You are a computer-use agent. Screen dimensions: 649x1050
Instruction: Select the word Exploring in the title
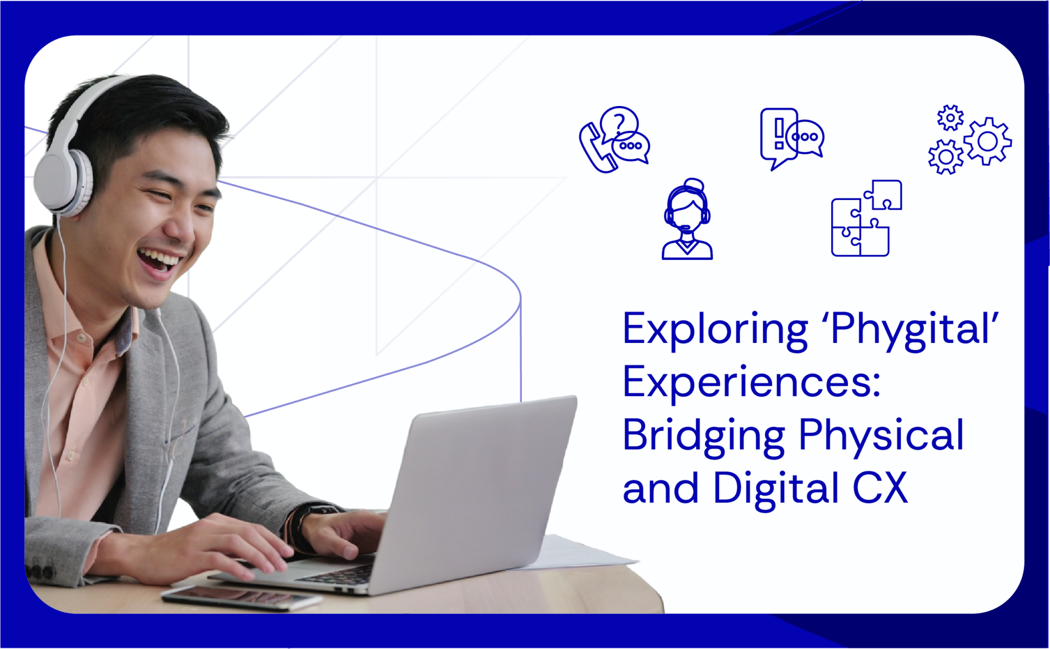click(x=715, y=329)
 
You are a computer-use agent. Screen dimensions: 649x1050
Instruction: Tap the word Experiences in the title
click(x=751, y=382)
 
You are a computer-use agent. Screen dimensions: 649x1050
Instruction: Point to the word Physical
click(x=881, y=435)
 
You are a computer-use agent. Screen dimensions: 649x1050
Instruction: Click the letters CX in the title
click(x=880, y=488)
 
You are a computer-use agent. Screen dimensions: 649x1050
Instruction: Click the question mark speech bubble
click(x=619, y=122)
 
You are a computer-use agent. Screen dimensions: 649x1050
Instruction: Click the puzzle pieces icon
click(x=865, y=218)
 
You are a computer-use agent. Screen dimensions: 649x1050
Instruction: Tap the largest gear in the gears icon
click(x=987, y=141)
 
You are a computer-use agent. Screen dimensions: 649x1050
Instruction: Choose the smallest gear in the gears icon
click(x=950, y=118)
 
